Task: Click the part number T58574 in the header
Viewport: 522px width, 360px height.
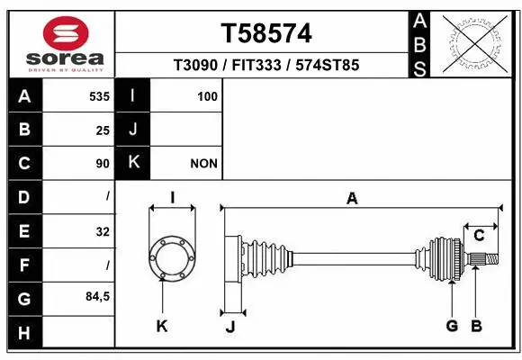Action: coord(266,33)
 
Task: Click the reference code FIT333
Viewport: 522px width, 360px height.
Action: coord(261,66)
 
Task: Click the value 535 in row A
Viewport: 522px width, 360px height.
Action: coord(98,95)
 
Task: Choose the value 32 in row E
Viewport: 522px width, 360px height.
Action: coord(102,231)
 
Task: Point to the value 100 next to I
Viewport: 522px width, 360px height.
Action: coord(207,95)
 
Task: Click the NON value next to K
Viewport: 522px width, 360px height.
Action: coord(203,164)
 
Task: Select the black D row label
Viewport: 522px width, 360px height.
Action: coord(24,196)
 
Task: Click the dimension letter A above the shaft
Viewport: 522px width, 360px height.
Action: coord(352,199)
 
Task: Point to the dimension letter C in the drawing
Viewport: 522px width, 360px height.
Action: coord(479,236)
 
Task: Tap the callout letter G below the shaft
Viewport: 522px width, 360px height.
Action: coord(452,326)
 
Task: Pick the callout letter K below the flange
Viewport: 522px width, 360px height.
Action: coord(162,326)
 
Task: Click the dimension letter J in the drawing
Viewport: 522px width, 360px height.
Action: coord(230,327)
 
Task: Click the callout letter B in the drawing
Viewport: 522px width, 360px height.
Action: coord(478,326)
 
